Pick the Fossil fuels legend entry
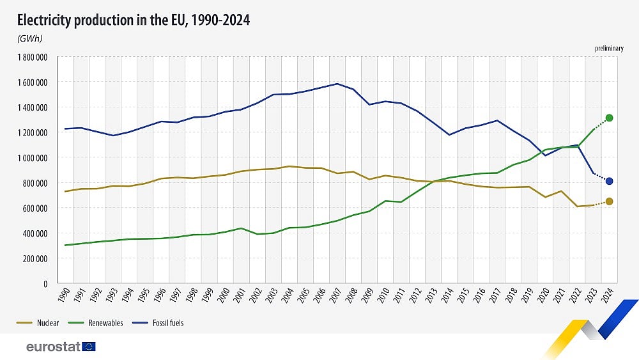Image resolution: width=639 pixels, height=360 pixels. click(158, 323)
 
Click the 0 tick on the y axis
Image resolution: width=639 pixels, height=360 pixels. click(45, 284)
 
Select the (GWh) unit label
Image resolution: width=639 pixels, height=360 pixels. click(29, 38)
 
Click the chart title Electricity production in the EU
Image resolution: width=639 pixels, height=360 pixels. click(133, 20)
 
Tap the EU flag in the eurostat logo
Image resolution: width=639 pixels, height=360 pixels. click(89, 347)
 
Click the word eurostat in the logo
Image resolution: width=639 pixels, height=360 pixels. click(53, 347)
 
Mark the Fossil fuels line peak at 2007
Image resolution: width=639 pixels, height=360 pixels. click(337, 84)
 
